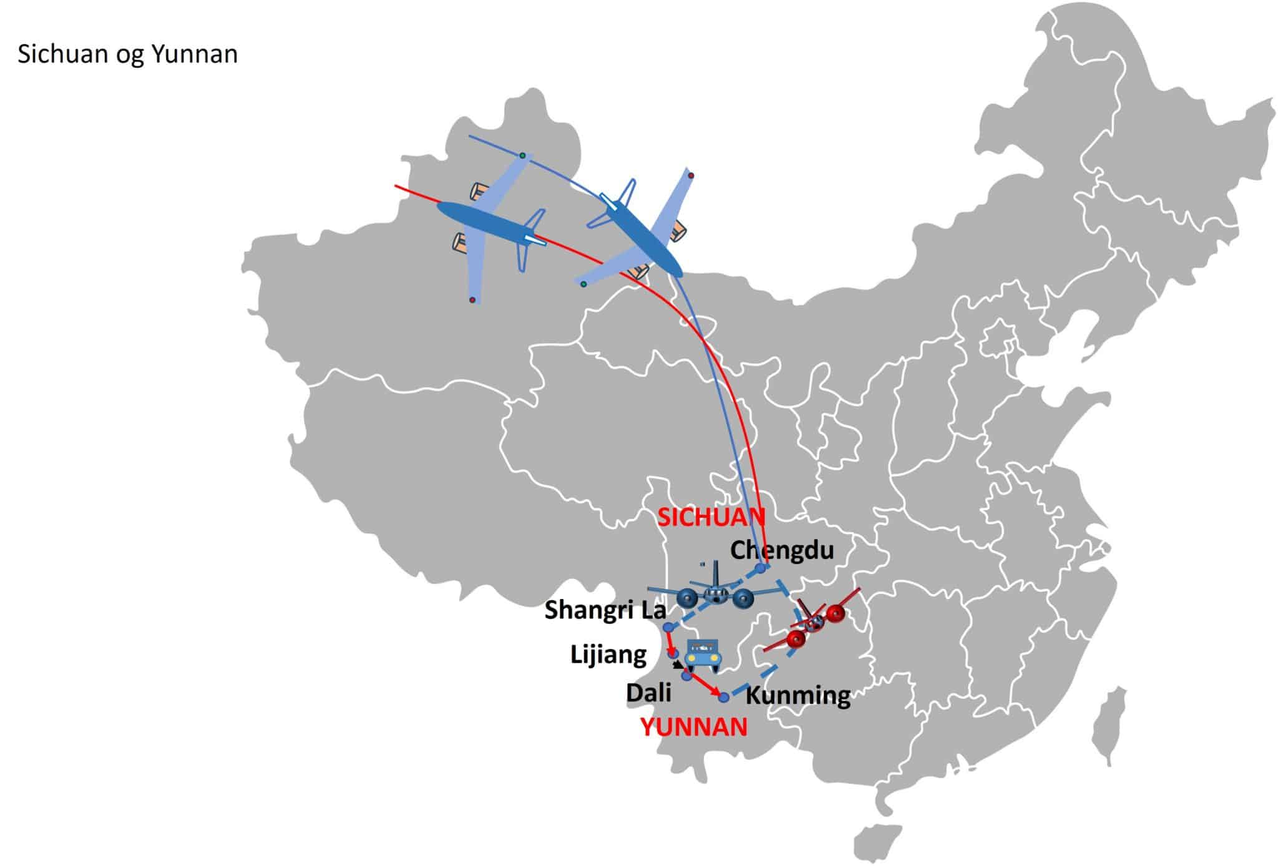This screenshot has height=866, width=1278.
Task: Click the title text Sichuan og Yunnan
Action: pyautogui.click(x=127, y=55)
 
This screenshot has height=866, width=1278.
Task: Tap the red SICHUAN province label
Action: pyautogui.click(x=711, y=517)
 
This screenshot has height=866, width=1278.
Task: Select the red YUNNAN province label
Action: pyautogui.click(x=694, y=727)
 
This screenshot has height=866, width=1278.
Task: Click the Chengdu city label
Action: pyautogui.click(x=782, y=550)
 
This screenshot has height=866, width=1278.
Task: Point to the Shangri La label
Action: pyautogui.click(x=605, y=610)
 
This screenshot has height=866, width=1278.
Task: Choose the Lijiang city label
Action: pyautogui.click(x=608, y=655)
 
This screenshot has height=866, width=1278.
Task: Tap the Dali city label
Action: pyautogui.click(x=649, y=693)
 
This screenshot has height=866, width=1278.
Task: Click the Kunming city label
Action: pyautogui.click(x=798, y=696)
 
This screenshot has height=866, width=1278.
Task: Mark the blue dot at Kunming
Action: pyautogui.click(x=724, y=697)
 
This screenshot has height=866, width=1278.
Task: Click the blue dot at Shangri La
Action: pyautogui.click(x=667, y=626)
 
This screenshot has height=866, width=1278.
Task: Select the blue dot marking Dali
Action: pyautogui.click(x=686, y=676)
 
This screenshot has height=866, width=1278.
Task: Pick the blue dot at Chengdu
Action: pyautogui.click(x=760, y=568)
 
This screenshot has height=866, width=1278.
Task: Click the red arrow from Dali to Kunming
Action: pyautogui.click(x=705, y=686)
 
